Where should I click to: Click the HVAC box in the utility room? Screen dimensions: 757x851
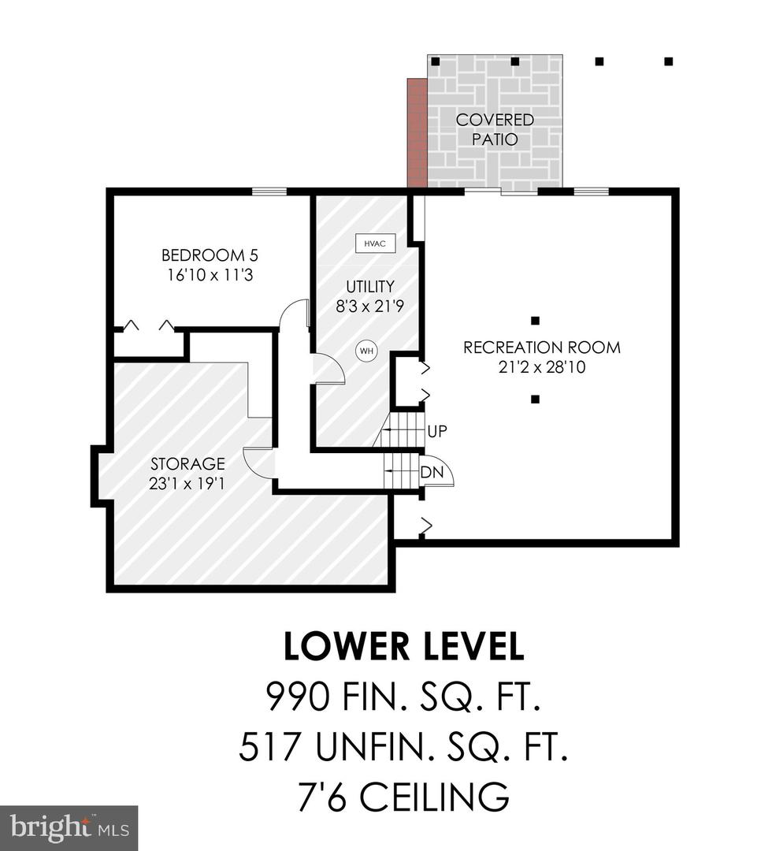click(375, 243)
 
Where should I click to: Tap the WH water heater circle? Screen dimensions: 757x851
click(367, 351)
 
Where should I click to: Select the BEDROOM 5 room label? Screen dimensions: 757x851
click(210, 255)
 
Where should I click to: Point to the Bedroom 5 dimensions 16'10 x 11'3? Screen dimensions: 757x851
click(210, 275)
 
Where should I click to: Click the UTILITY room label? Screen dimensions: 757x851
click(370, 286)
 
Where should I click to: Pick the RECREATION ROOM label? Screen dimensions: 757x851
click(542, 347)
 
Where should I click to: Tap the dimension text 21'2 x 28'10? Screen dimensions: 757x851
click(542, 367)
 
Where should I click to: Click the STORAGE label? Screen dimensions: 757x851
click(187, 463)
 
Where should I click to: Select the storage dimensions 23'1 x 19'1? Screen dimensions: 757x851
click(187, 483)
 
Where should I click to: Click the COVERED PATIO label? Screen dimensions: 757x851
click(495, 129)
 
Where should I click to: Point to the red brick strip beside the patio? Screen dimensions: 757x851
click(417, 133)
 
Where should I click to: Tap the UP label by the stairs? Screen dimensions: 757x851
click(437, 432)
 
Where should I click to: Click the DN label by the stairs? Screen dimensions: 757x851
click(432, 472)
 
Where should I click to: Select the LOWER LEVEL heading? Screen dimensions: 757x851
click(404, 645)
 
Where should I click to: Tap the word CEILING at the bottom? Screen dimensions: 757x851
click(434, 796)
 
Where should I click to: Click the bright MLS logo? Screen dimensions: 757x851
click(69, 828)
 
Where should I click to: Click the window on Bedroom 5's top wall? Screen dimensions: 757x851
click(269, 191)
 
